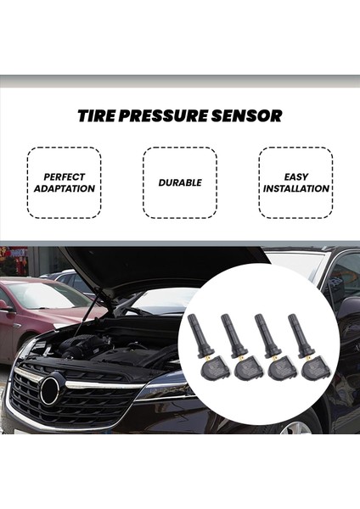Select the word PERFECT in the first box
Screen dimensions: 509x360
point(65,177)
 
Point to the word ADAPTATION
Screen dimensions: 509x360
point(65,188)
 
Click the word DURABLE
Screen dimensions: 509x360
point(179,183)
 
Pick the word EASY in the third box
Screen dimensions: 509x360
point(295,177)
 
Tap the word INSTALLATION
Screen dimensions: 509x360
point(295,188)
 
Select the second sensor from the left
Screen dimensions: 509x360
point(240,351)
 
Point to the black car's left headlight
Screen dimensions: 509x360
point(161,389)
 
